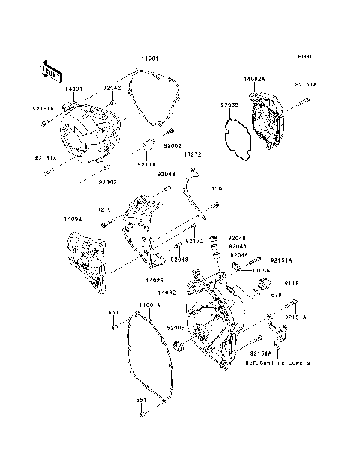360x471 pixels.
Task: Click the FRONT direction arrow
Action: coord(50,70)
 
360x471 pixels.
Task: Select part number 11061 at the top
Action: coord(147,57)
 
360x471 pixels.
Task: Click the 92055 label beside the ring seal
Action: coord(229,106)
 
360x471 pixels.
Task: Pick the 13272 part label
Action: coord(193,155)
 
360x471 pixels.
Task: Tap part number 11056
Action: coord(260,269)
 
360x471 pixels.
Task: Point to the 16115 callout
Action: coord(290,283)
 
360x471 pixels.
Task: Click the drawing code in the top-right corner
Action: coord(304,57)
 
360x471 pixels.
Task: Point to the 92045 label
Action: coord(237,253)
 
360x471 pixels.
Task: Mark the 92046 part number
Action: coord(237,245)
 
